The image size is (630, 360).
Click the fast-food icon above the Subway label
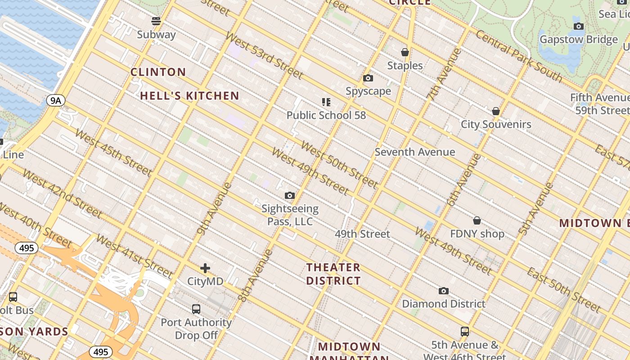click(156, 21)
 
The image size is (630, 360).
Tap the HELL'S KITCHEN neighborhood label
click(189, 95)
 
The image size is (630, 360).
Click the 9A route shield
click(55, 100)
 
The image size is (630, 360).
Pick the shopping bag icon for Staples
click(405, 52)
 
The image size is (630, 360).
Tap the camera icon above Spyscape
click(368, 78)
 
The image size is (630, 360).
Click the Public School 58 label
click(326, 115)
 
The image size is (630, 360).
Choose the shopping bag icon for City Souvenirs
click(496, 111)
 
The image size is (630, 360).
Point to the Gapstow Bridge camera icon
click(579, 26)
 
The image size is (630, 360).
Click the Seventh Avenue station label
click(414, 152)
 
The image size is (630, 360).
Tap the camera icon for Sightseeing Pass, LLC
click(290, 195)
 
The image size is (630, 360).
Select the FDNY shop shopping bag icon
click(477, 220)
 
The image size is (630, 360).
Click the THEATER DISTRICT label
click(333, 274)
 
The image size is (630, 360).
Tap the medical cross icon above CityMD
click(205, 269)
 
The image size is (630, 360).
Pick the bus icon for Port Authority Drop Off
click(196, 309)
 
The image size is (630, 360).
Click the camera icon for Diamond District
click(444, 291)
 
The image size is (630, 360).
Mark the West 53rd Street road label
click(264, 56)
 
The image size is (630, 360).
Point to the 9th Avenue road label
click(214, 209)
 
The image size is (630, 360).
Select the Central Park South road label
click(518, 56)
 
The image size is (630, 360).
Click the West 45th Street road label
click(113, 152)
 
